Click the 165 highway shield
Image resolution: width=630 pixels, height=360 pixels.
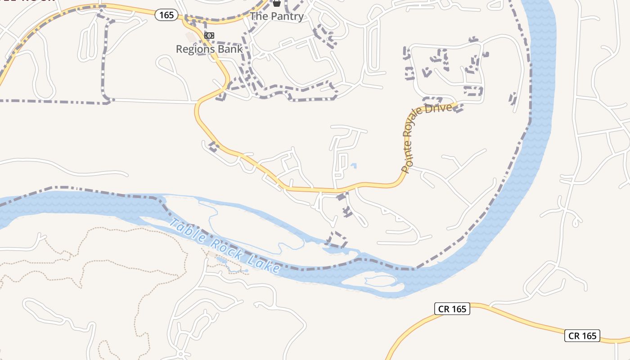click(x=166, y=15)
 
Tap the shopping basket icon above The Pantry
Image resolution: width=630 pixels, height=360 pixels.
click(x=276, y=3)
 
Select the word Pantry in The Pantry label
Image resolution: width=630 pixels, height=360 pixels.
click(x=288, y=17)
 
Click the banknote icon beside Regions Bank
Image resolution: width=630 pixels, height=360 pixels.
click(x=209, y=35)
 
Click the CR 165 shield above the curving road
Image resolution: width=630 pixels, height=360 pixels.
click(x=452, y=309)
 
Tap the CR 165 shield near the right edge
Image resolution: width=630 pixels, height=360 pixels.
click(x=582, y=336)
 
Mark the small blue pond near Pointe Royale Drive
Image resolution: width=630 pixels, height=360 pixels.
click(x=354, y=166)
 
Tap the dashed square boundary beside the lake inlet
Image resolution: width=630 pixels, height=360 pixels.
click(x=337, y=239)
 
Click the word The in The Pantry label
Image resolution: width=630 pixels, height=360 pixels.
click(x=259, y=17)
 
